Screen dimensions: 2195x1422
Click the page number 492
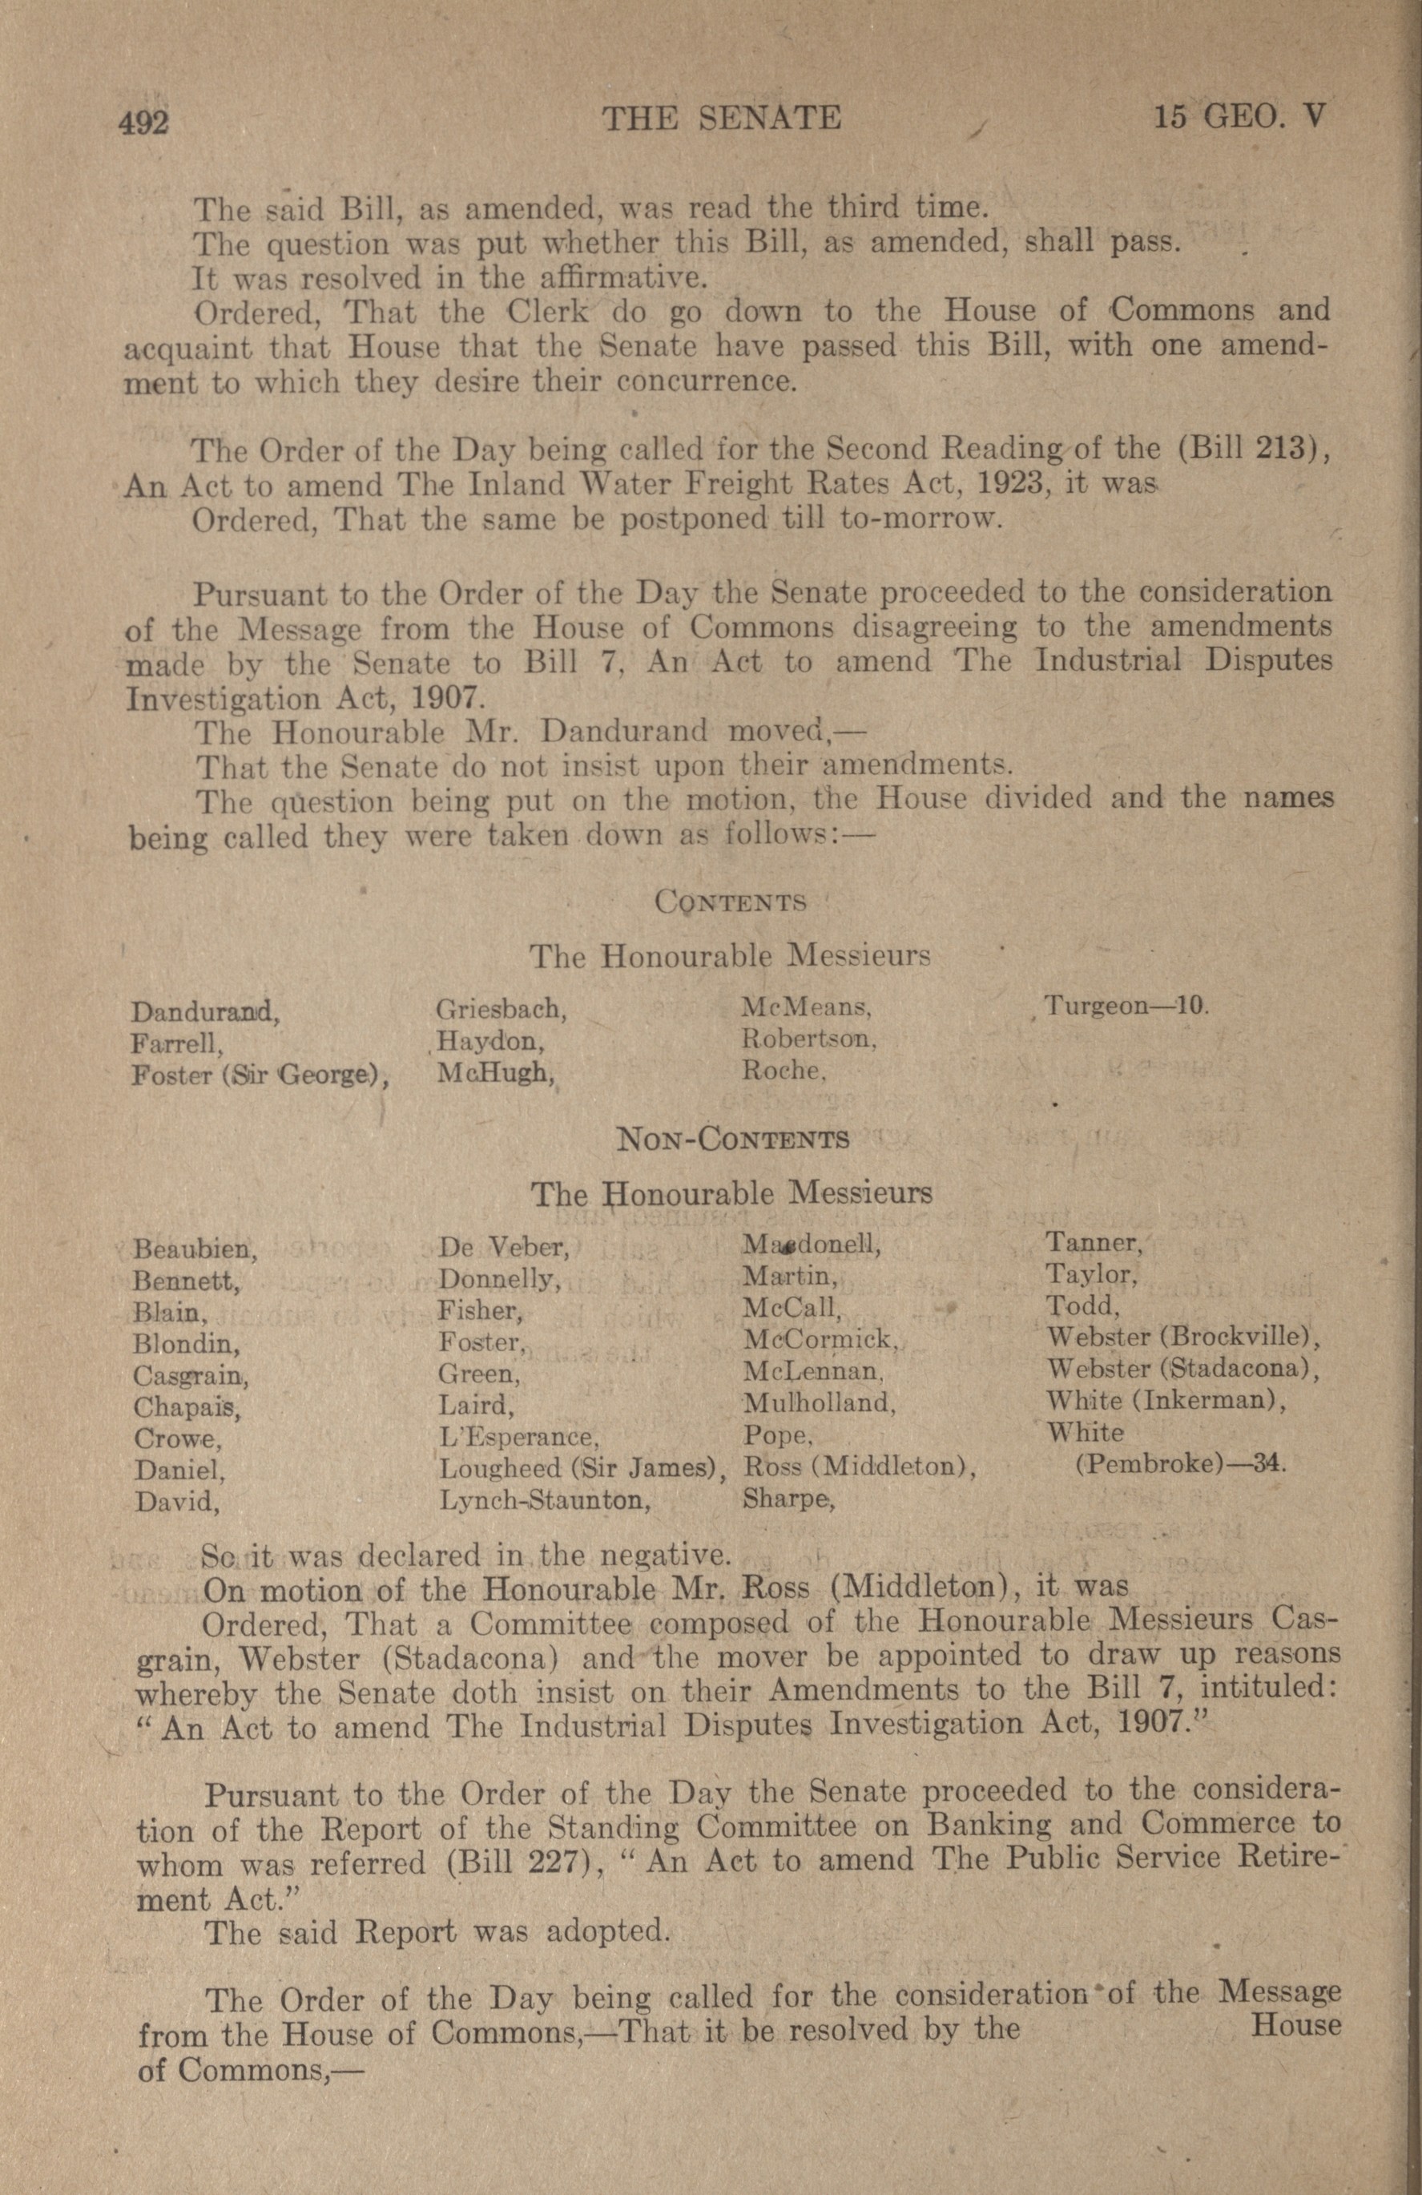click(144, 122)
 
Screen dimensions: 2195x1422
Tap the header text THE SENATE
click(721, 118)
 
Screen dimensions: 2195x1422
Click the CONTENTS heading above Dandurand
click(730, 901)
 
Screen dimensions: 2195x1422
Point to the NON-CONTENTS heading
click(732, 1140)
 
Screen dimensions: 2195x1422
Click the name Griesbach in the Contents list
click(501, 1009)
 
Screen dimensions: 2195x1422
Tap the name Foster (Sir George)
click(259, 1075)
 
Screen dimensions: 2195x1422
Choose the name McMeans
click(807, 1008)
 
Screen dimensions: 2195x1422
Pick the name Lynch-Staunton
click(545, 1500)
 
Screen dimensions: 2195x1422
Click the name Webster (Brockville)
click(1184, 1337)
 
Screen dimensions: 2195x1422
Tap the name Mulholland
click(819, 1404)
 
